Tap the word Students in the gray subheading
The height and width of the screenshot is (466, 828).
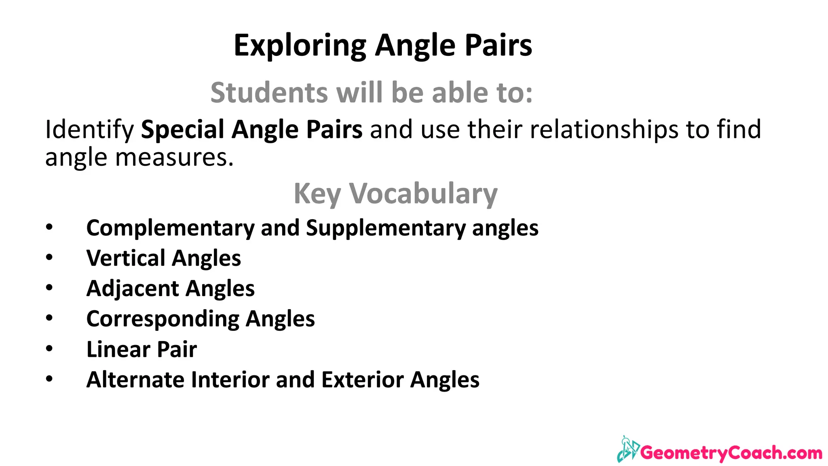pos(269,93)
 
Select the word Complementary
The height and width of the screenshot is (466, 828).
pos(170,228)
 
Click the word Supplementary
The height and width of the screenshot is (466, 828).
pos(386,228)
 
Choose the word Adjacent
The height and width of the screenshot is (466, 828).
pos(133,288)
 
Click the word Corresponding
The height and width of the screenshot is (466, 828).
pos(163,319)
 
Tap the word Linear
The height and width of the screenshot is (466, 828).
pos(118,349)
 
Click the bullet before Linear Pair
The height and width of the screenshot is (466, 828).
pos(49,348)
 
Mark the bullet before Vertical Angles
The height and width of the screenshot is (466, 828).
pos(49,257)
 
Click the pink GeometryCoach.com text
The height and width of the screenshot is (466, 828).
pos(731,453)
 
